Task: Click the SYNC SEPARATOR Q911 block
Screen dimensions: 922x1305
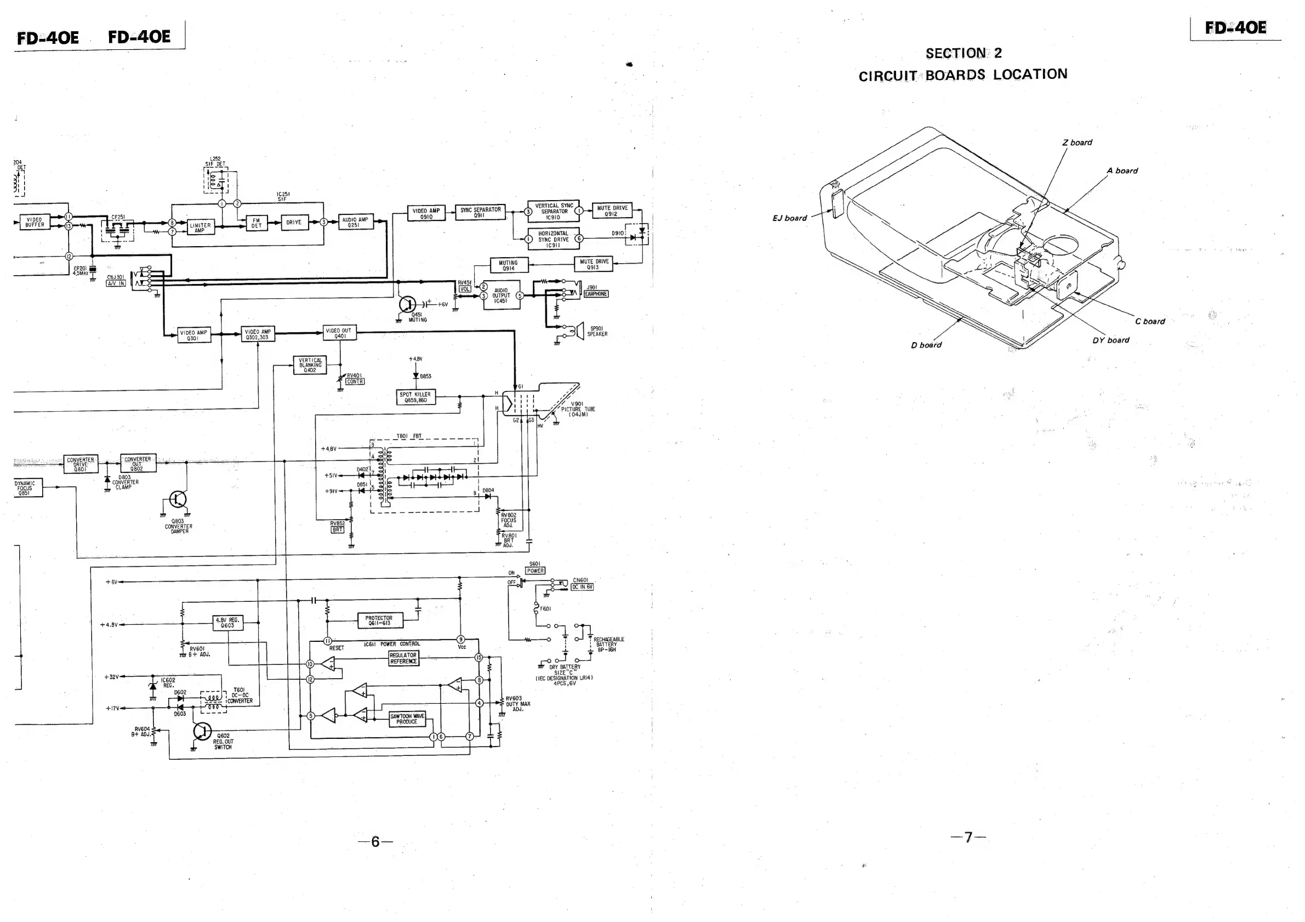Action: click(x=480, y=213)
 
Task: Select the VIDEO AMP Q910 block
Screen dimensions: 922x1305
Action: click(x=426, y=213)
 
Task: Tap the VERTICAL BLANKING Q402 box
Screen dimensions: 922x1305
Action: click(x=310, y=365)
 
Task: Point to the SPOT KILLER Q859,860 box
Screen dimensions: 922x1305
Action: click(x=415, y=397)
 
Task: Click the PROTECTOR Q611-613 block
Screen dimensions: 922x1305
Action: click(x=379, y=621)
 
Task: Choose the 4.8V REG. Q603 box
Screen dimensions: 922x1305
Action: click(x=228, y=623)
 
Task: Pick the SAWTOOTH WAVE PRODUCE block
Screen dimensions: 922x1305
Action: click(x=407, y=719)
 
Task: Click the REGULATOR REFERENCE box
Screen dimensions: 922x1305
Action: click(x=403, y=658)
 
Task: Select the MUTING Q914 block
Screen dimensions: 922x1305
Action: click(x=509, y=265)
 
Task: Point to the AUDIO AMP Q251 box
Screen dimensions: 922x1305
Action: click(x=356, y=221)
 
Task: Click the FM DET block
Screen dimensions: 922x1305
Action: click(x=257, y=224)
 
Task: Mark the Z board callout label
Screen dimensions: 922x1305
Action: click(x=1077, y=143)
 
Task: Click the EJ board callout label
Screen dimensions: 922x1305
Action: click(x=789, y=218)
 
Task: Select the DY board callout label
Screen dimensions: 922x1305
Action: click(x=1110, y=340)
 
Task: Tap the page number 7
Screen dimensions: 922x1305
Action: click(x=968, y=836)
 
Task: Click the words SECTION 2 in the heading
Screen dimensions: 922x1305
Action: click(x=964, y=53)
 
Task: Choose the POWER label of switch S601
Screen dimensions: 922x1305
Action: click(x=535, y=571)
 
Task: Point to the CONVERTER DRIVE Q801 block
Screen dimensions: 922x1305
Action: click(x=80, y=464)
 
